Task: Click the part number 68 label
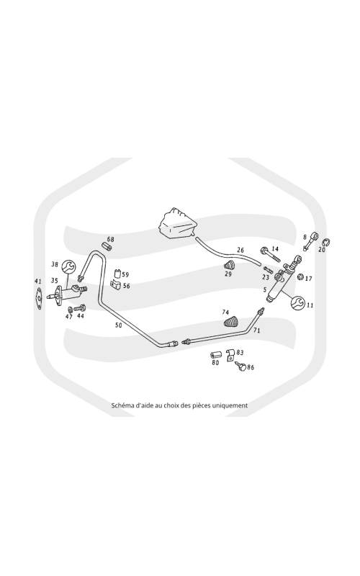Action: pyautogui.click(x=111, y=239)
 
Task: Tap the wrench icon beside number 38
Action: pyautogui.click(x=68, y=266)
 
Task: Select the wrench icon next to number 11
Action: pyautogui.click(x=297, y=302)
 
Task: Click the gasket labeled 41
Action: pyautogui.click(x=39, y=299)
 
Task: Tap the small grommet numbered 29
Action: pyautogui.click(x=229, y=265)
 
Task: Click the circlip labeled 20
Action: pyautogui.click(x=326, y=242)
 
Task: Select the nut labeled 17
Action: pyautogui.click(x=300, y=277)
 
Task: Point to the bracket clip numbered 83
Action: pyautogui.click(x=230, y=355)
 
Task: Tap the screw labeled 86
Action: pyautogui.click(x=240, y=366)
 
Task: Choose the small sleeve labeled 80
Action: pyautogui.click(x=215, y=355)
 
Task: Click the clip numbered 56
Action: pyautogui.click(x=116, y=284)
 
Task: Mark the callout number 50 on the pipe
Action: pyautogui.click(x=118, y=325)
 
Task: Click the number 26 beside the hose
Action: pyautogui.click(x=240, y=250)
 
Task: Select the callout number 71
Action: pyautogui.click(x=256, y=330)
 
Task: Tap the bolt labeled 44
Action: pyautogui.click(x=79, y=308)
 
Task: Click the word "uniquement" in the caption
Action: pyautogui.click(x=230, y=405)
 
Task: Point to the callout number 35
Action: pyautogui.click(x=55, y=281)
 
